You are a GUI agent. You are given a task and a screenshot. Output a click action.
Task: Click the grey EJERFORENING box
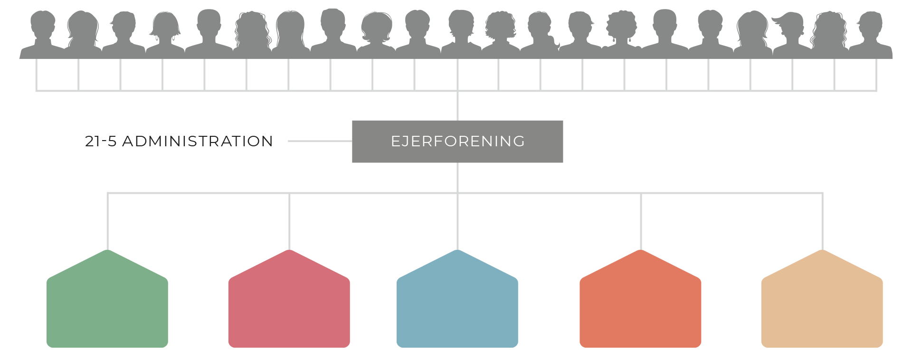click(457, 142)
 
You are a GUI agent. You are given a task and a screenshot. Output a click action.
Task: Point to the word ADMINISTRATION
click(198, 142)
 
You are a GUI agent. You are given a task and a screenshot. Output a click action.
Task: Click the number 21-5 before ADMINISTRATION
click(101, 142)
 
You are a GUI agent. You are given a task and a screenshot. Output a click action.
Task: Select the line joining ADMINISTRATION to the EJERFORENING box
click(320, 141)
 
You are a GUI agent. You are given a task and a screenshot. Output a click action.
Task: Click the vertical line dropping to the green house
click(108, 221)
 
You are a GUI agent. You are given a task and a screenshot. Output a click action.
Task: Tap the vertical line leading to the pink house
click(289, 221)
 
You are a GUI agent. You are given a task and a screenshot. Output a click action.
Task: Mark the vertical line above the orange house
click(641, 221)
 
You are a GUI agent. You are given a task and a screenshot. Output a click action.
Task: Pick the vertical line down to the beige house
click(822, 221)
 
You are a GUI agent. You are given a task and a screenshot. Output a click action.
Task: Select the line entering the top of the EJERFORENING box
click(457, 105)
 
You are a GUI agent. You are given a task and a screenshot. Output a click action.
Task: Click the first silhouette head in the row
click(43, 24)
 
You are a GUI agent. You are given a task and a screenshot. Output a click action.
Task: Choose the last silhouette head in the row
click(871, 24)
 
